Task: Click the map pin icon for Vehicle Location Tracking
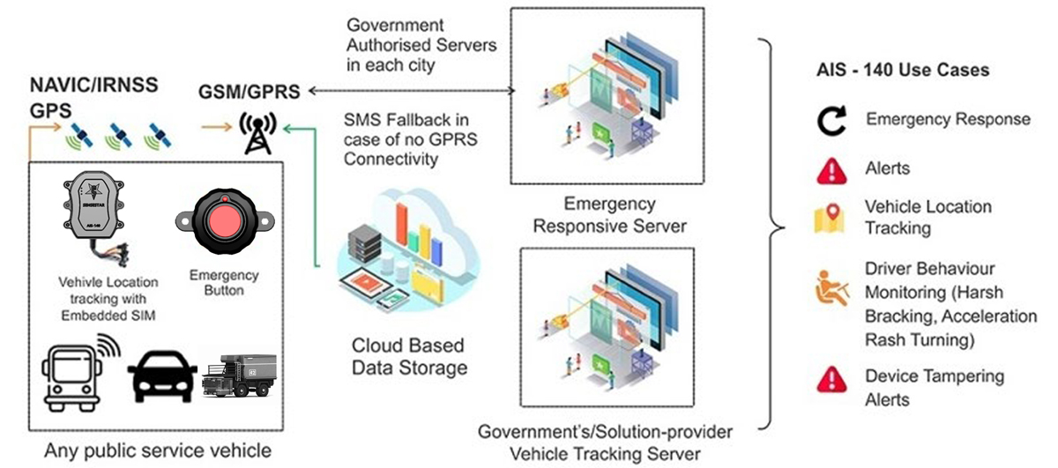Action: tap(831, 218)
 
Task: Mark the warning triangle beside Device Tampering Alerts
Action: tap(831, 380)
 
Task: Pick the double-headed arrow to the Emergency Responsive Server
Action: tap(411, 90)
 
